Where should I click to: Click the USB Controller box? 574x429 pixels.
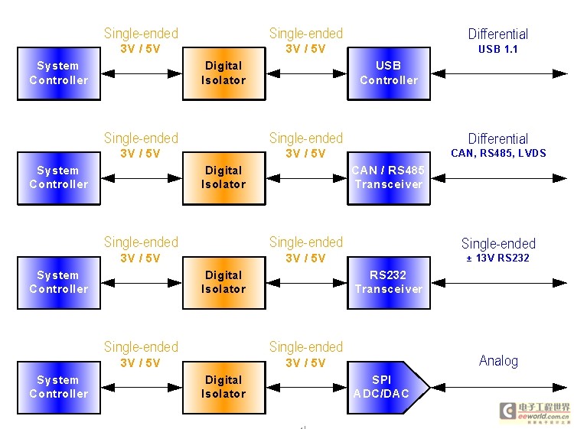(388, 73)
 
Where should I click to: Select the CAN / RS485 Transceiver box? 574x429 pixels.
(388, 178)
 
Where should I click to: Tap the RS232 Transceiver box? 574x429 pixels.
(388, 283)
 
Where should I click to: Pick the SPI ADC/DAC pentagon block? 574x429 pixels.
(388, 387)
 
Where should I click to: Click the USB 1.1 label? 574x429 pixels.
(498, 49)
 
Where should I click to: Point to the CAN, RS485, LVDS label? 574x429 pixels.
(498, 153)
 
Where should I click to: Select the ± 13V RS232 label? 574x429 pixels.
(498, 258)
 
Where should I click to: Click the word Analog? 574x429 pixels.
(498, 361)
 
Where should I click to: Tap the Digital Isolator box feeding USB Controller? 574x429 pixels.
(224, 73)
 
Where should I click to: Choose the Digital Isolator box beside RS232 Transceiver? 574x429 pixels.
(224, 283)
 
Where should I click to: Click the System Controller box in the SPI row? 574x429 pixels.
(59, 387)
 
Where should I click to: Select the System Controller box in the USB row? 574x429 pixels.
(59, 73)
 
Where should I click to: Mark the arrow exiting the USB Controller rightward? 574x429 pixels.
(499, 74)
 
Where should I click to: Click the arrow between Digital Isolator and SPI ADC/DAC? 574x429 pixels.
(306, 388)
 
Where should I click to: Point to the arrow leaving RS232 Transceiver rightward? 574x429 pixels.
(499, 283)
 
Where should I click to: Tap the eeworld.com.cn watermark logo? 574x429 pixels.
(535, 412)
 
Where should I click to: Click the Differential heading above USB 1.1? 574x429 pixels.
(498, 34)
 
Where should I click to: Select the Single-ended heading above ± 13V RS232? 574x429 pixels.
(498, 244)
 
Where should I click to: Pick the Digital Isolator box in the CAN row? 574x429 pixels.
(224, 178)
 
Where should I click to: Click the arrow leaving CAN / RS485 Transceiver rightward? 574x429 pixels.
(499, 178)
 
